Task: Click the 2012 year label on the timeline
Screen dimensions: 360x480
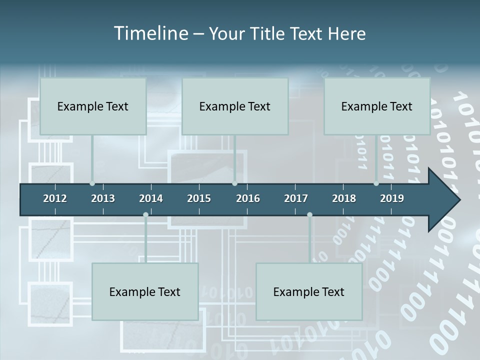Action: (55, 198)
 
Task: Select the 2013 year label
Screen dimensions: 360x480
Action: (103, 198)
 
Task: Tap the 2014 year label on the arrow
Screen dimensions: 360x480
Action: (151, 198)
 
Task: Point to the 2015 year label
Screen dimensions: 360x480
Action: (199, 198)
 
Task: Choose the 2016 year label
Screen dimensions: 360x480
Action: (248, 198)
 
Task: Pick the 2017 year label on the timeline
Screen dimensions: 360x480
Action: (296, 198)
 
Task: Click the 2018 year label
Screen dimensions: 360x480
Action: (344, 198)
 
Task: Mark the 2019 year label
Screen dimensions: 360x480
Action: (392, 198)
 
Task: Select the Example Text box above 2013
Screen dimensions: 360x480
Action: (93, 106)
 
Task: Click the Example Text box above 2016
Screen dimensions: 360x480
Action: (235, 106)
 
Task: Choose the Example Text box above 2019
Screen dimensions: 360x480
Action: (377, 106)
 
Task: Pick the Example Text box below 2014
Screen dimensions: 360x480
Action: (145, 291)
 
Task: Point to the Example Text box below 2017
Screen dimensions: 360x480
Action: (309, 291)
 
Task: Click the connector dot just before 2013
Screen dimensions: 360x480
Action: (92, 183)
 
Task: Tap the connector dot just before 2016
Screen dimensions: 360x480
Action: (234, 183)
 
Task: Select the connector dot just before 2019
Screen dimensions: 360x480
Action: (376, 183)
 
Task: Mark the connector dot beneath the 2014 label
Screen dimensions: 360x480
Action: (145, 214)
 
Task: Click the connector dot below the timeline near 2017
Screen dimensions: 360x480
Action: (309, 214)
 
